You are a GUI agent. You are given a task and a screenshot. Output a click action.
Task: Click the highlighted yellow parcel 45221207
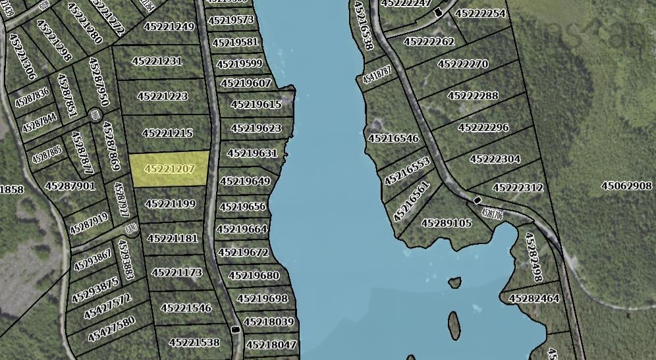point(169,169)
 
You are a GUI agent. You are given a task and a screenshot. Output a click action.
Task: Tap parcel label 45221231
point(157,61)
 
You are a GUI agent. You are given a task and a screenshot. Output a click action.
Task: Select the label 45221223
point(162,96)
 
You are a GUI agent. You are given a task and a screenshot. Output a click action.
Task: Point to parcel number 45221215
point(167,133)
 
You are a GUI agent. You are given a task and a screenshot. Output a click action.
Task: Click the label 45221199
point(170,204)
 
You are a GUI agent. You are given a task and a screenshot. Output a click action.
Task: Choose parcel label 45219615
point(256,105)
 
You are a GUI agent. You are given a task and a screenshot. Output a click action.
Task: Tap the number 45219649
point(245,181)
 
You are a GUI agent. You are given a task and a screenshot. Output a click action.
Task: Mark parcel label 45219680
point(254,275)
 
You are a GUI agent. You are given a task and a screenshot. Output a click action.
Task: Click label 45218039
point(269,322)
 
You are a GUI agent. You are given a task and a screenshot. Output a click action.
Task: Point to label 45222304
point(495,159)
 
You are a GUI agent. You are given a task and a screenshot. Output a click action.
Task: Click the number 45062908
point(626,186)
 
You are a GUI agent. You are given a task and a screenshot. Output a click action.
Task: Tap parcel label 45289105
point(447,223)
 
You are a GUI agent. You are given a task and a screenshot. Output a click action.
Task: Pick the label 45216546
point(393,138)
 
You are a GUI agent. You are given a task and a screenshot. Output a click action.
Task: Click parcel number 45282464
point(533,298)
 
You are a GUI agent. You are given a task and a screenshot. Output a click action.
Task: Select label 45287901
point(70,186)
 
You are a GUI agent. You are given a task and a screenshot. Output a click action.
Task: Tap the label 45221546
point(186,307)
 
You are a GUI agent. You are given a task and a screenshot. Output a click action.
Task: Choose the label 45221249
point(173,27)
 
